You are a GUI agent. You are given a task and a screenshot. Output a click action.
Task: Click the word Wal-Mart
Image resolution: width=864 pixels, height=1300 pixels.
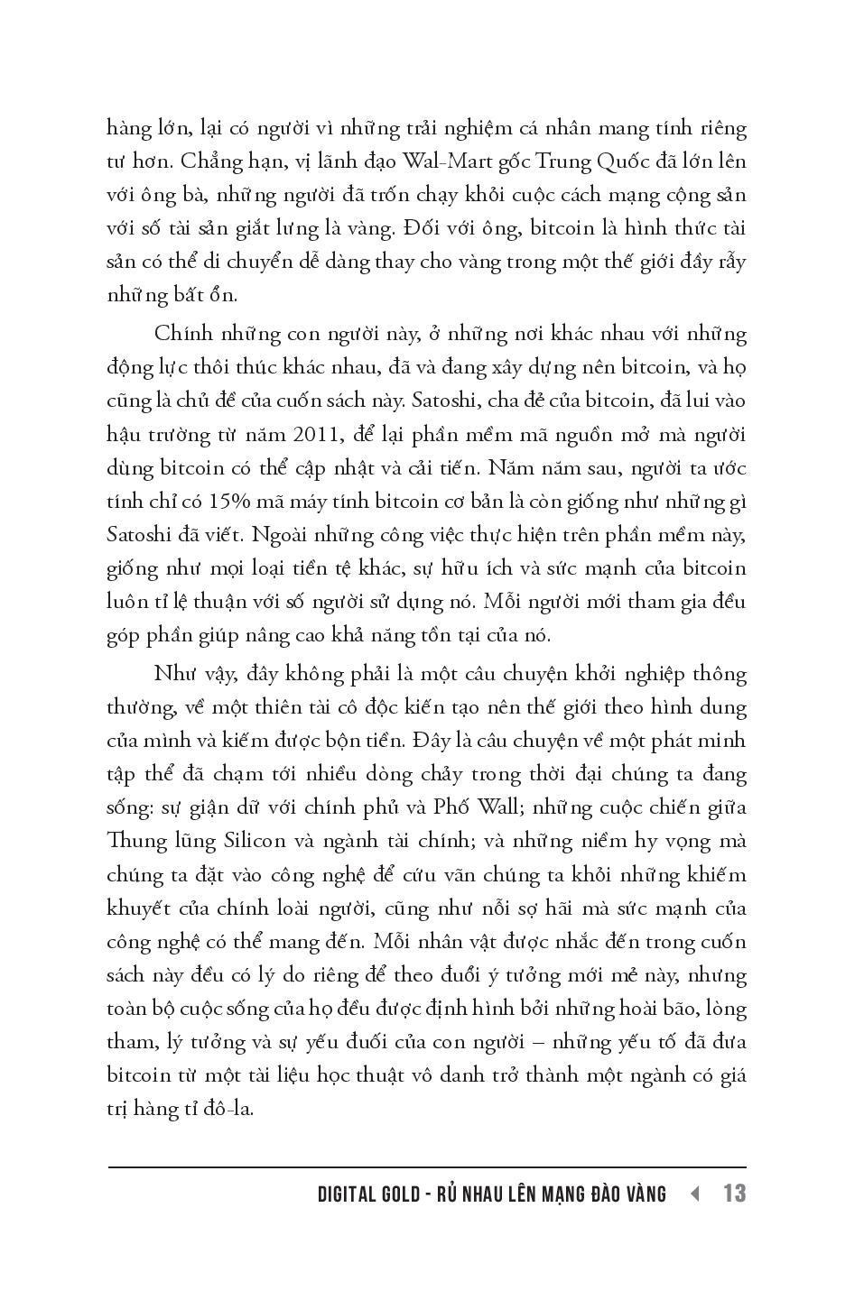pos(443,161)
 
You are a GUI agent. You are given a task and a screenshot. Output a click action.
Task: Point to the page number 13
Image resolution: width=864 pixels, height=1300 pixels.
pos(734,1194)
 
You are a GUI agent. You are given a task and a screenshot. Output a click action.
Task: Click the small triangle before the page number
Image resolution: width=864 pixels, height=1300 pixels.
pos(694,1194)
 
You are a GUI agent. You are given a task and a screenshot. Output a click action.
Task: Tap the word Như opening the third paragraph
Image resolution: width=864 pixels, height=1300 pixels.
pos(173,674)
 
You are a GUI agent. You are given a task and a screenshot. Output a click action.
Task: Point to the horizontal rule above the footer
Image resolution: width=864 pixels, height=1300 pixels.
pos(427,1167)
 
